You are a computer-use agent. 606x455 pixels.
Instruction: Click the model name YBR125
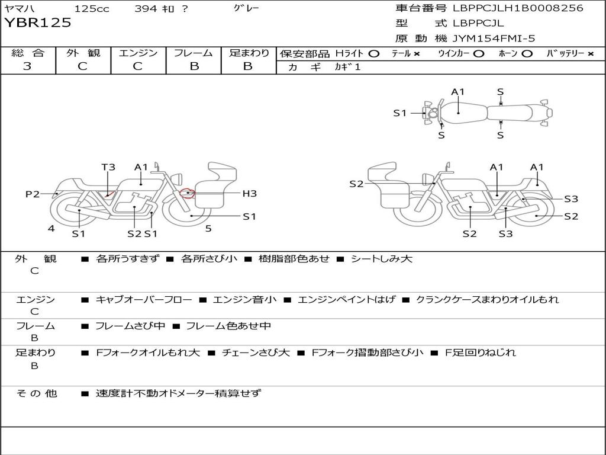[x=38, y=23]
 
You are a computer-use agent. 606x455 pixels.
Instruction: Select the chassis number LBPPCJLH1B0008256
[x=518, y=8]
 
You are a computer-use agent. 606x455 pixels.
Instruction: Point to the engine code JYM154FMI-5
[x=494, y=39]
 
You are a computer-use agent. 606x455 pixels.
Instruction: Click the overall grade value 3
[x=27, y=66]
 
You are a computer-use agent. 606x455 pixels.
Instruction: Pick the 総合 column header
[x=27, y=53]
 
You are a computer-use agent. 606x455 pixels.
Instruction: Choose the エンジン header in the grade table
[x=138, y=53]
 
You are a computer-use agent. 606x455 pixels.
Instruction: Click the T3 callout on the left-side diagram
[x=108, y=167]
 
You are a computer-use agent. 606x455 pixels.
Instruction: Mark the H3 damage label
[x=249, y=193]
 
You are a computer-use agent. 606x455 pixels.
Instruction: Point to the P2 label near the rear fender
[x=33, y=194]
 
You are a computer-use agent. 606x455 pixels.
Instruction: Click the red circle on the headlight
[x=187, y=193]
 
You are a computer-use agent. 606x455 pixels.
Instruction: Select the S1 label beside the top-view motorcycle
[x=400, y=113]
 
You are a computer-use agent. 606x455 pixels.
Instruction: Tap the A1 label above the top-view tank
[x=458, y=92]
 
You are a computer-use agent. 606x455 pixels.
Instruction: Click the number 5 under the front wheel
[x=208, y=228]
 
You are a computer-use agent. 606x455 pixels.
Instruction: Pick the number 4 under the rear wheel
[x=51, y=228]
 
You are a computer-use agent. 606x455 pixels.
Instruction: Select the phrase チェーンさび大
[x=256, y=353]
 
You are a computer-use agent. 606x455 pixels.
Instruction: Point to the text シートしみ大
[x=381, y=259]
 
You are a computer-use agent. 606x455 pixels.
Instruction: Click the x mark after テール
[x=417, y=53]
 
